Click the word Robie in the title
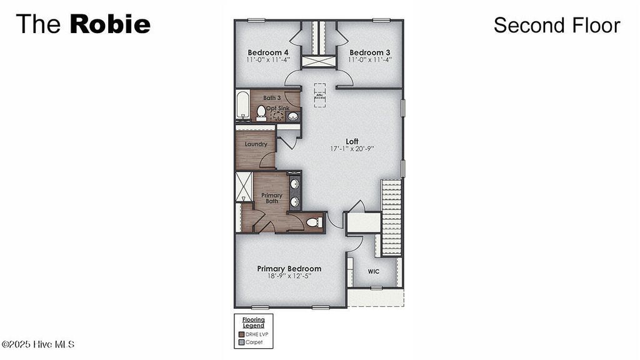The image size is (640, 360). [110, 24]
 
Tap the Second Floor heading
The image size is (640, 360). [556, 25]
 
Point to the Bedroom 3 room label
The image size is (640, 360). [370, 52]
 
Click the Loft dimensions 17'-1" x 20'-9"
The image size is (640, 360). [352, 149]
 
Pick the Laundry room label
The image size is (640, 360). [256, 144]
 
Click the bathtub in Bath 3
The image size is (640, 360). [242, 106]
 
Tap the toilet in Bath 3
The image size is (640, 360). [261, 111]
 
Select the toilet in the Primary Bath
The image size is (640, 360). [312, 222]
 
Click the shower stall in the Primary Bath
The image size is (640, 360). [243, 186]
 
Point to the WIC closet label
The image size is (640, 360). [374, 272]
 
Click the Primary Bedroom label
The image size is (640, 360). [289, 269]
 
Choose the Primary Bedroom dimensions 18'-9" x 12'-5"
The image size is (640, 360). [289, 276]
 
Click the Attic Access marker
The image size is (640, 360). [319, 96]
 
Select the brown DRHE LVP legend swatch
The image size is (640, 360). [241, 334]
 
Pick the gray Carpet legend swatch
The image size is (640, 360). [241, 342]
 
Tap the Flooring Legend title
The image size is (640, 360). [254, 322]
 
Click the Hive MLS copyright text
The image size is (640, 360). [38, 344]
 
